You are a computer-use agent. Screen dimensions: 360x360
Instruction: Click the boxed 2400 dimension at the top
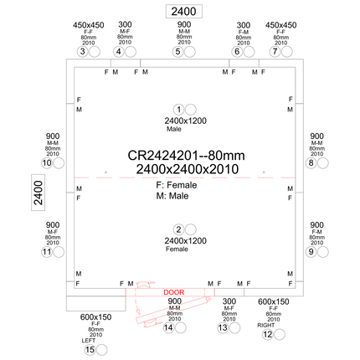coord(181,12)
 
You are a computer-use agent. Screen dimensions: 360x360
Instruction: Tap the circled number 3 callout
coord(82,52)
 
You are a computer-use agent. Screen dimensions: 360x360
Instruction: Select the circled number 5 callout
coord(119,52)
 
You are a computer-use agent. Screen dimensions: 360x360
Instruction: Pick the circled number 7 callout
coord(178,52)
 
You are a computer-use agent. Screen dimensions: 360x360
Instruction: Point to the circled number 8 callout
coord(237,52)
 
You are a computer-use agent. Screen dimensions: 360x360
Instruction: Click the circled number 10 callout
coord(274,52)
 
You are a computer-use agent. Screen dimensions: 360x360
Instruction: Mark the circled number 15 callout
coord(47,163)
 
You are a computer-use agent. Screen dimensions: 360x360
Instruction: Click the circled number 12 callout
coord(47,251)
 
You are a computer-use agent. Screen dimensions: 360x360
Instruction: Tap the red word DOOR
coord(174,292)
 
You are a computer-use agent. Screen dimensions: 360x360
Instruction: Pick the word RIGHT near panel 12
coord(265,324)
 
